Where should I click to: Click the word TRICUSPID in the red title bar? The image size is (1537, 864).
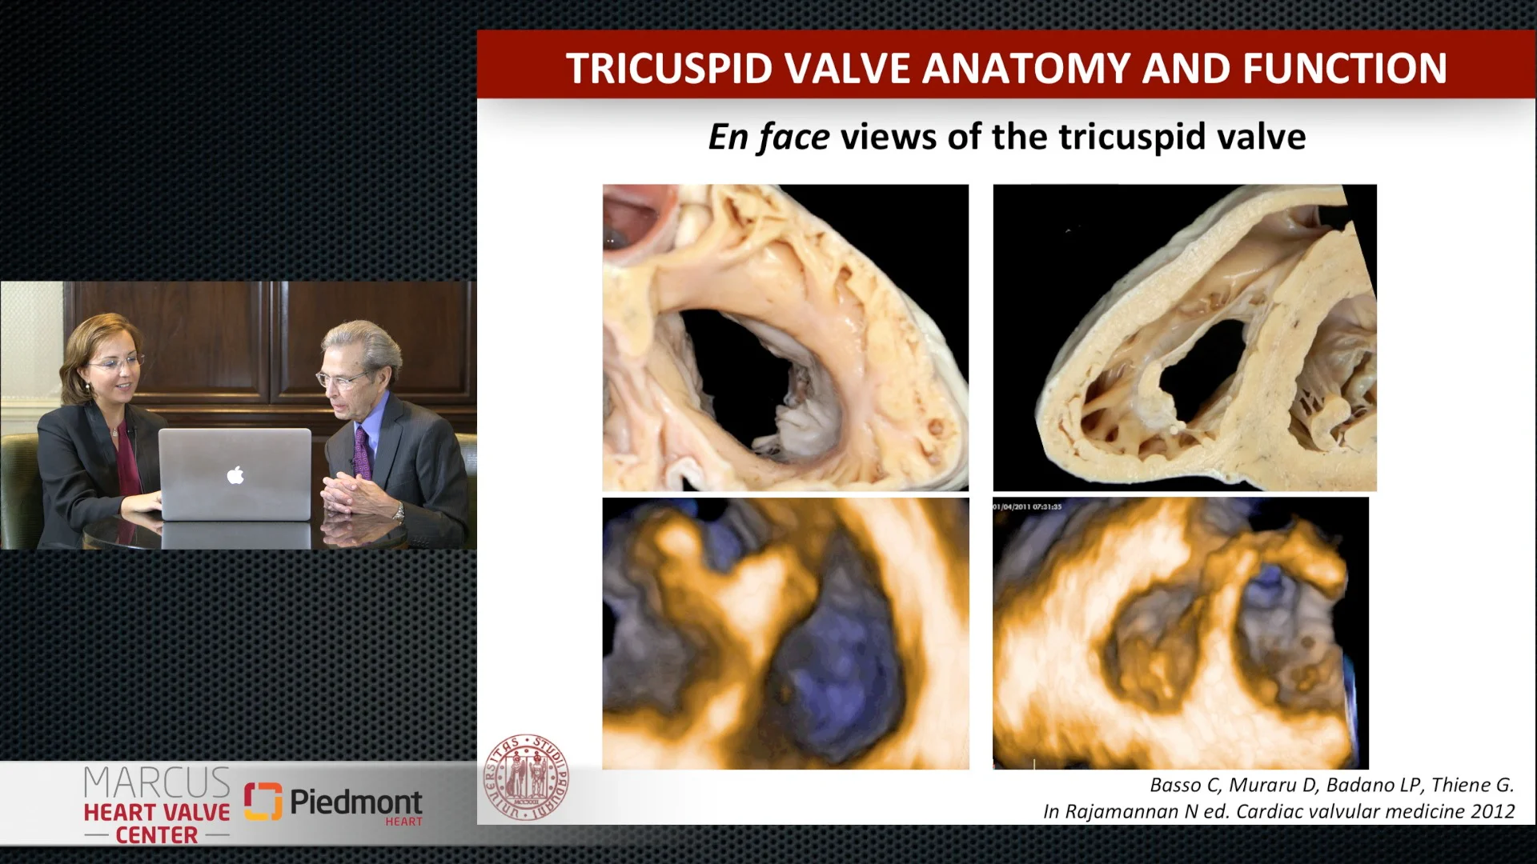(x=670, y=68)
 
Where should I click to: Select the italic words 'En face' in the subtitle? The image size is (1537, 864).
(x=768, y=137)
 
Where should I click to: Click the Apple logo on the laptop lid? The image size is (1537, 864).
(x=235, y=475)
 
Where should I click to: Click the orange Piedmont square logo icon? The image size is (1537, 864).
(x=263, y=802)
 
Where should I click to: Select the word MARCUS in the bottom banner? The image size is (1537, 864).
(x=157, y=782)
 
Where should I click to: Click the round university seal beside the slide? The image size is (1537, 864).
(x=526, y=778)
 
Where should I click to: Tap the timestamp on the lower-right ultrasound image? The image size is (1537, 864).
(x=1027, y=506)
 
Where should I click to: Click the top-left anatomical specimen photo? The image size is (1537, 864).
(x=785, y=338)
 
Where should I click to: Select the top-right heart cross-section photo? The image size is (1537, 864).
(x=1185, y=338)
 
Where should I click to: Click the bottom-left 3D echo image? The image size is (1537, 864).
(x=785, y=634)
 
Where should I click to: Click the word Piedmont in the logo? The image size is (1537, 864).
(x=355, y=801)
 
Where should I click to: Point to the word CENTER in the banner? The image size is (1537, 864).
(x=157, y=835)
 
